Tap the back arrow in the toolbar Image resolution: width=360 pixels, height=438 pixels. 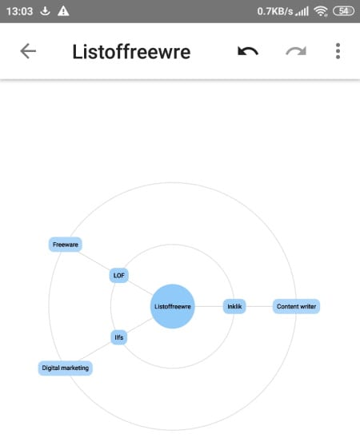click(28, 51)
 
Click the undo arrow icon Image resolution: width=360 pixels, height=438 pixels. click(248, 51)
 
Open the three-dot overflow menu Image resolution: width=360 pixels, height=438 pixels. click(338, 51)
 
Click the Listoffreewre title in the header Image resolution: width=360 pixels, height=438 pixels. click(131, 52)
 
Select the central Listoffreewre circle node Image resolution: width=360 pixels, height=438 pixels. click(173, 306)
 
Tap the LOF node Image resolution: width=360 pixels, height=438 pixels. click(118, 276)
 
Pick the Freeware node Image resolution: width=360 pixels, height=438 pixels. click(66, 245)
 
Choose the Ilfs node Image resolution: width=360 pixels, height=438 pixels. click(118, 337)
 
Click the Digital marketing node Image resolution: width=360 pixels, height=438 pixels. click(66, 368)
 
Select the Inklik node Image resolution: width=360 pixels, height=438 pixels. click(234, 306)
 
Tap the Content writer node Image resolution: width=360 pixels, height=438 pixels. click(296, 306)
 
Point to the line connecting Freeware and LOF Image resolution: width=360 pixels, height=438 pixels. click(94, 261)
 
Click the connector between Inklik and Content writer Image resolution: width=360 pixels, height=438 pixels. click(259, 306)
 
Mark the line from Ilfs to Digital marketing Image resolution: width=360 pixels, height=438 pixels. click(95, 351)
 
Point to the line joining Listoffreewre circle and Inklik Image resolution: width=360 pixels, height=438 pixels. click(209, 306)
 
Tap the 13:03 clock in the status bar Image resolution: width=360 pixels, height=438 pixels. click(19, 11)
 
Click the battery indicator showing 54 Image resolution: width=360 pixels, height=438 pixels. click(343, 11)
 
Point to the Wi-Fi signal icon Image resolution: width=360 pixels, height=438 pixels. click(320, 11)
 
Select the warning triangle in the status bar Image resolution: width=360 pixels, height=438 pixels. click(63, 11)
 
